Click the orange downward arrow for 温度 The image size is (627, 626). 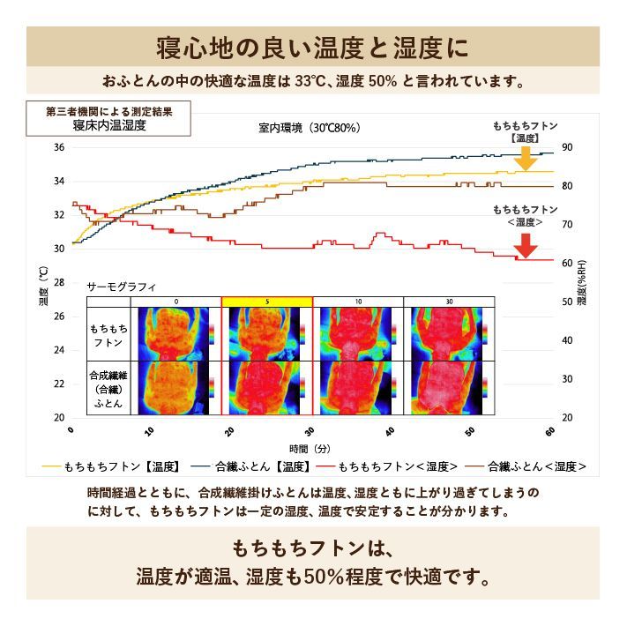(x=526, y=158)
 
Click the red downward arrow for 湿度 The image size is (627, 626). (x=526, y=245)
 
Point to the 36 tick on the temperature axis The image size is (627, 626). (x=59, y=147)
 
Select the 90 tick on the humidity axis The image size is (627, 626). (x=567, y=147)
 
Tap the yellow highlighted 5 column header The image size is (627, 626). (x=266, y=302)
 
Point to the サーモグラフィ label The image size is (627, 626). (x=122, y=287)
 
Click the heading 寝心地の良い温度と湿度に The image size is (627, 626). (x=313, y=45)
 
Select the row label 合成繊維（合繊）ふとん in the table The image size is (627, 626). (x=108, y=388)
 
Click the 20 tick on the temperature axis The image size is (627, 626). (x=59, y=417)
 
